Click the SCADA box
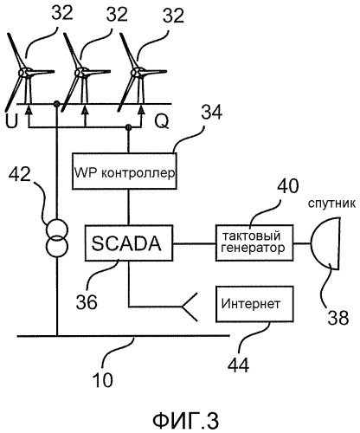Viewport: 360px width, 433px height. point(129,243)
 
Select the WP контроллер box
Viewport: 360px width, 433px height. point(125,171)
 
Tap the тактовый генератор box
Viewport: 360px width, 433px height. point(254,242)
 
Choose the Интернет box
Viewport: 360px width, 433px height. point(254,304)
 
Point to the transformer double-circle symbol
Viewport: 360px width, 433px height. point(57,238)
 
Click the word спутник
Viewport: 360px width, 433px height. point(331,204)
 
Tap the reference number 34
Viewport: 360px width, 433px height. point(212,112)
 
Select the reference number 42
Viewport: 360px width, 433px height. point(20,174)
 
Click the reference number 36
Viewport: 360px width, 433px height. point(87,302)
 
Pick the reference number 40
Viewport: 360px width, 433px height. point(287,185)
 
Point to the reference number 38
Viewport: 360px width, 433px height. point(337,318)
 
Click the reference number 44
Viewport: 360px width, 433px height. point(238,365)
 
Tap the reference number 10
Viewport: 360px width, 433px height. point(103,380)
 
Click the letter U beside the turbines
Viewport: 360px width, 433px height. point(12,120)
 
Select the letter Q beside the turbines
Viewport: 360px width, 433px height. point(162,121)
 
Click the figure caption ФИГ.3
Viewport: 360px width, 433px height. point(185,420)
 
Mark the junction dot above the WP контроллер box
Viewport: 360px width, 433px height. point(129,127)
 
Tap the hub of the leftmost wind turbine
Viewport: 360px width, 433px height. point(23,73)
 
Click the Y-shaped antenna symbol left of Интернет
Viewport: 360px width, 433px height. point(189,307)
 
